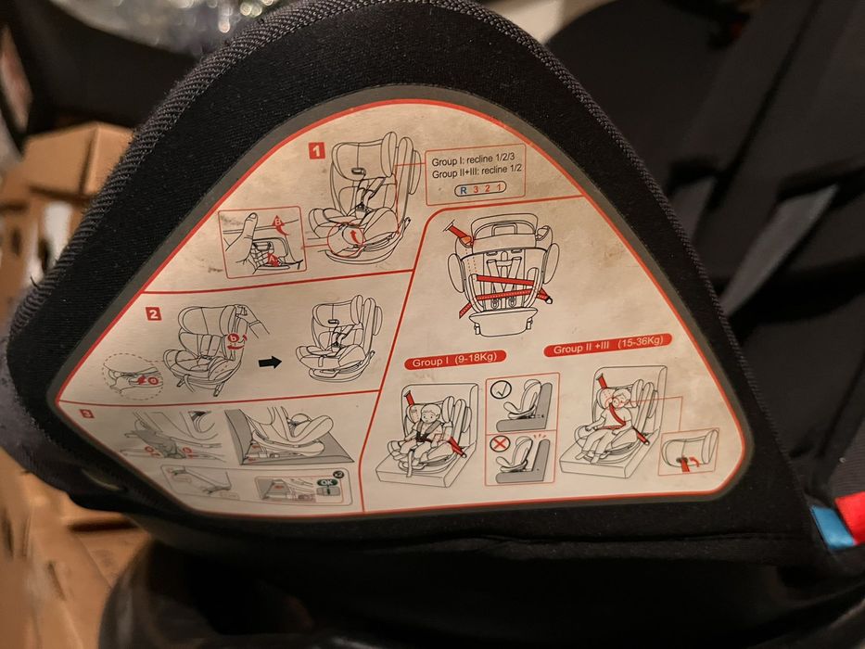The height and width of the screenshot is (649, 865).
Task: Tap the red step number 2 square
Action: tap(154, 313)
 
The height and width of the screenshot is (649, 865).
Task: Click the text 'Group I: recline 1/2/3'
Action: tap(473, 160)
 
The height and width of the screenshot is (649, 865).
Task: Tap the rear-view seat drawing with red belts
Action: tap(502, 274)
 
